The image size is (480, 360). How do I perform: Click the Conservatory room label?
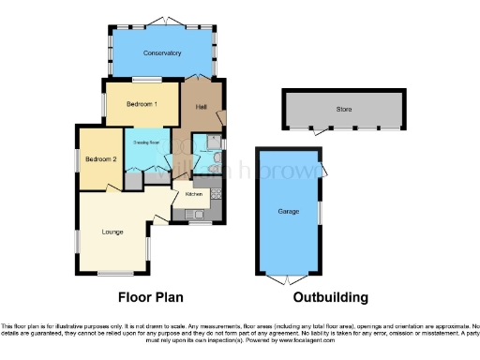tap(162, 53)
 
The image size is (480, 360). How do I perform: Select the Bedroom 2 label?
tap(100, 160)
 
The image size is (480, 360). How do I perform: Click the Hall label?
tap(201, 108)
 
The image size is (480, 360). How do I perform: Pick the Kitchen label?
tap(194, 194)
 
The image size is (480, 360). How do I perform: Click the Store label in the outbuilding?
tap(343, 110)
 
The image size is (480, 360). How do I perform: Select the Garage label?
tap(288, 211)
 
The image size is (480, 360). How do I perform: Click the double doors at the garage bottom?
tap(288, 277)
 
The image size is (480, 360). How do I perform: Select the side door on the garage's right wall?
tap(322, 169)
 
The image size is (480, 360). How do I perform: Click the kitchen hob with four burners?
tap(215, 194)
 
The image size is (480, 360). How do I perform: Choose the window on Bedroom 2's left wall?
tap(78, 160)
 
